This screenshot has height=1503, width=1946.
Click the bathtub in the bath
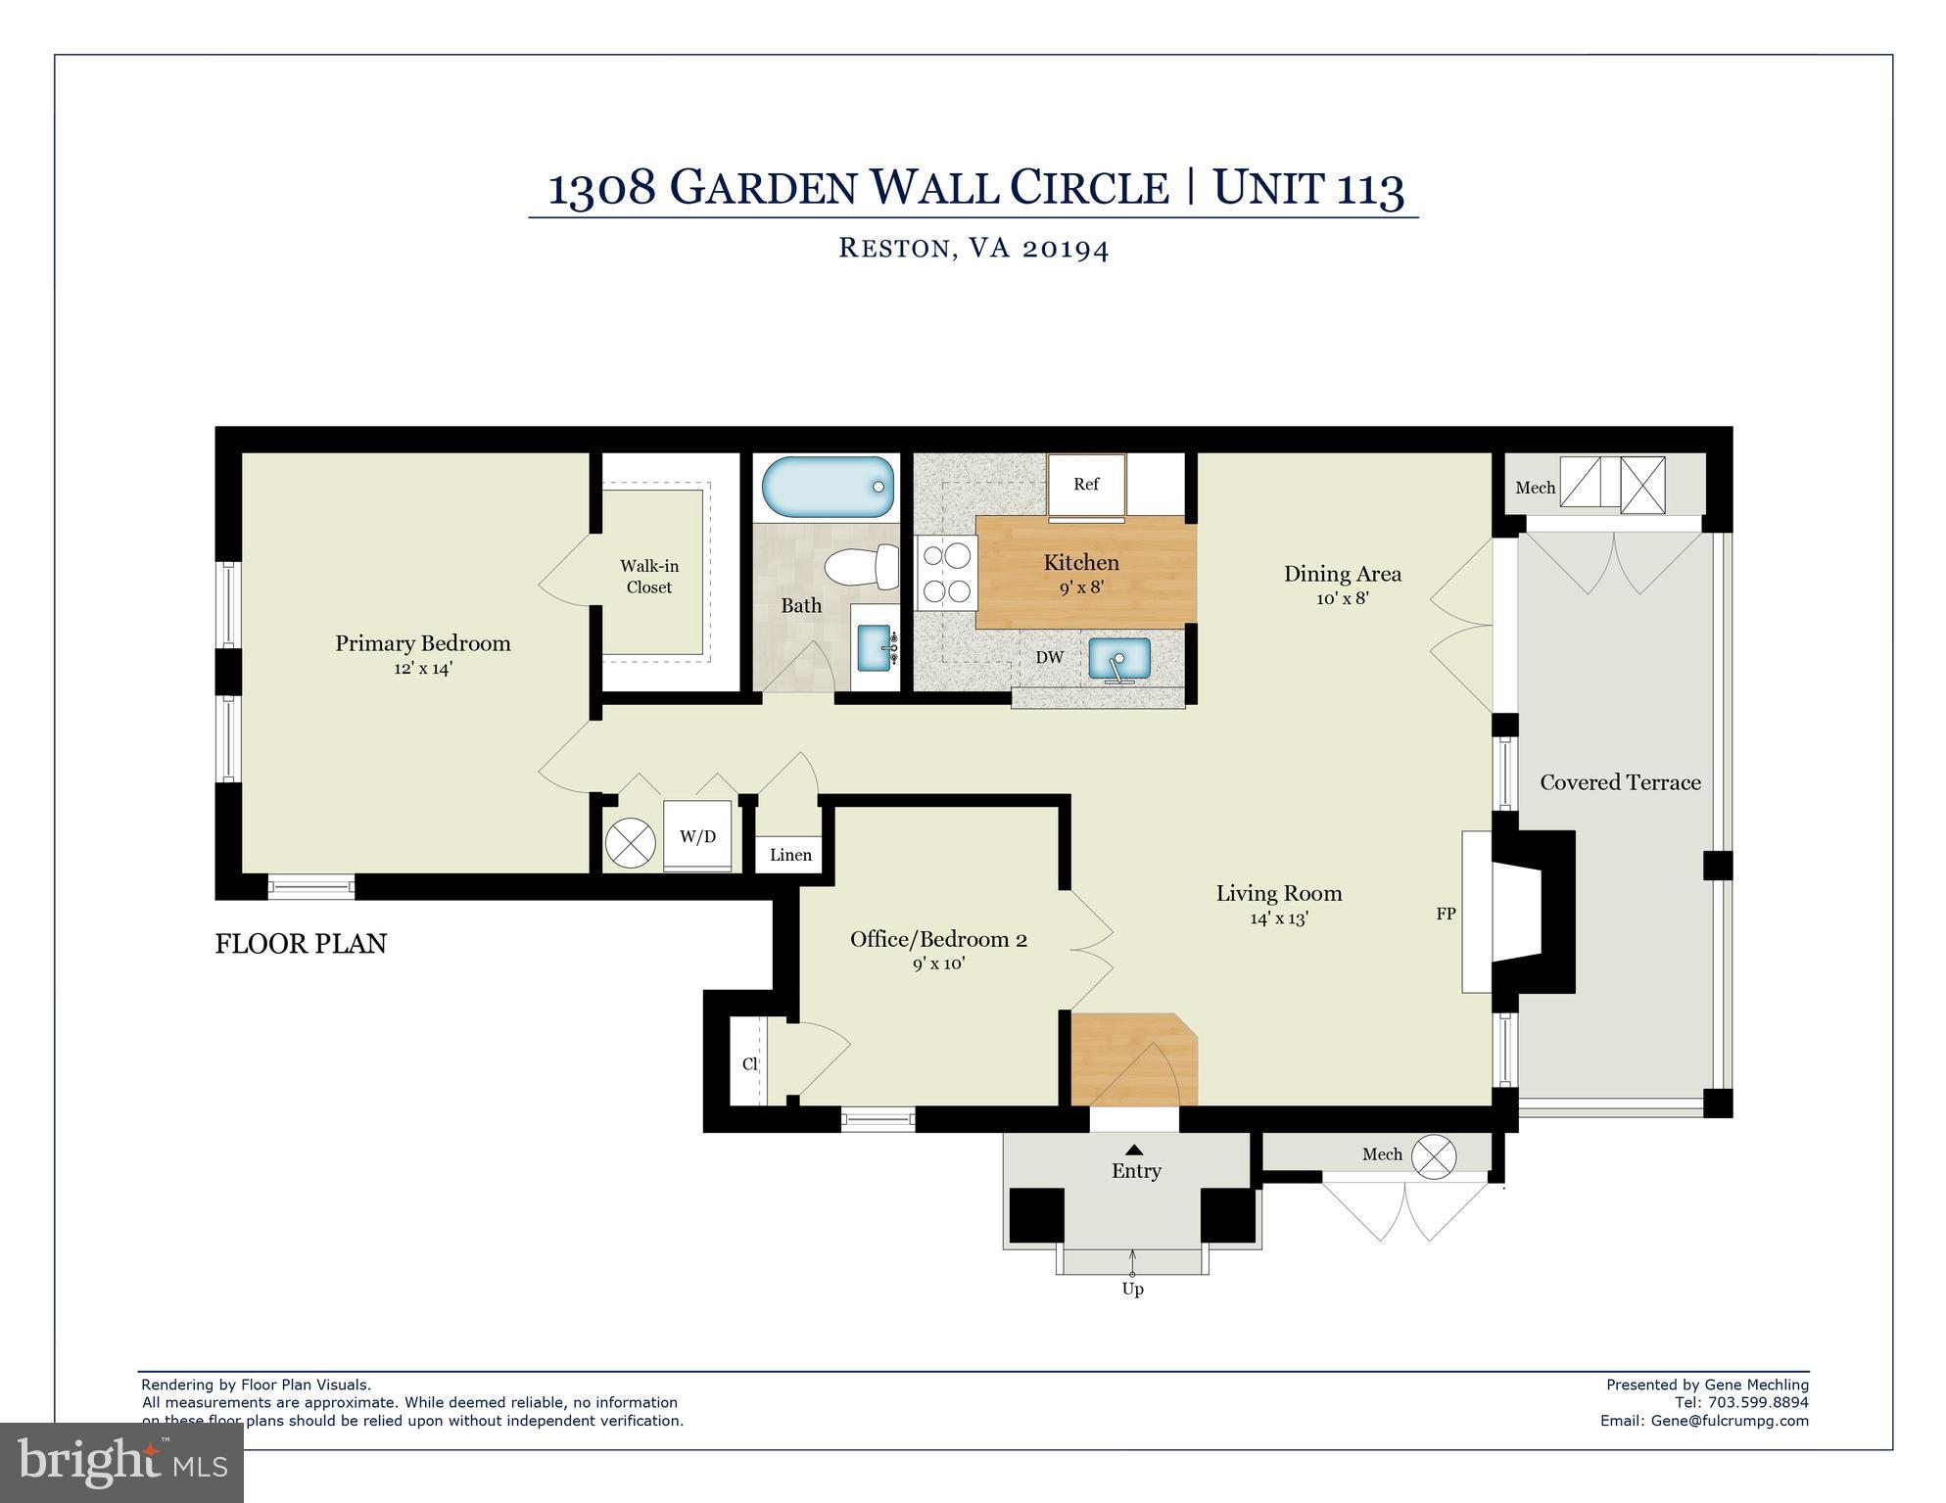828,487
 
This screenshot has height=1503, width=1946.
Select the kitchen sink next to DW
1119,659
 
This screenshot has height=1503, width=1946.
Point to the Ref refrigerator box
1085,484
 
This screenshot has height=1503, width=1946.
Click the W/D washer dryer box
697,836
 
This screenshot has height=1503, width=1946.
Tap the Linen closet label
790,855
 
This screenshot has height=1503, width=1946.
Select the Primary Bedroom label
423,643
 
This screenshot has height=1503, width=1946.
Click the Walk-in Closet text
649,577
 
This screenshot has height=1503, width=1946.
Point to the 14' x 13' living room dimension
1279,918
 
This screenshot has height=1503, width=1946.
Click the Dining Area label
1342,574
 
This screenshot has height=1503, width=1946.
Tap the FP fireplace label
1446,914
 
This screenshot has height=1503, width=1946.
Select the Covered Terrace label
1620,782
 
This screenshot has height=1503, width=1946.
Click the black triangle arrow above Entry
1134,1150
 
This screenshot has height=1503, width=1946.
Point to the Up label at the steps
1132,1289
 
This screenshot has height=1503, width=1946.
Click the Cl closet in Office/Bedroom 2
750,1063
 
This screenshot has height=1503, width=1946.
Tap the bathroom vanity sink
875,647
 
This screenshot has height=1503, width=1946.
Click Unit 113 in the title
1308,187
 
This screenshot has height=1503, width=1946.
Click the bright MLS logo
121,1463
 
